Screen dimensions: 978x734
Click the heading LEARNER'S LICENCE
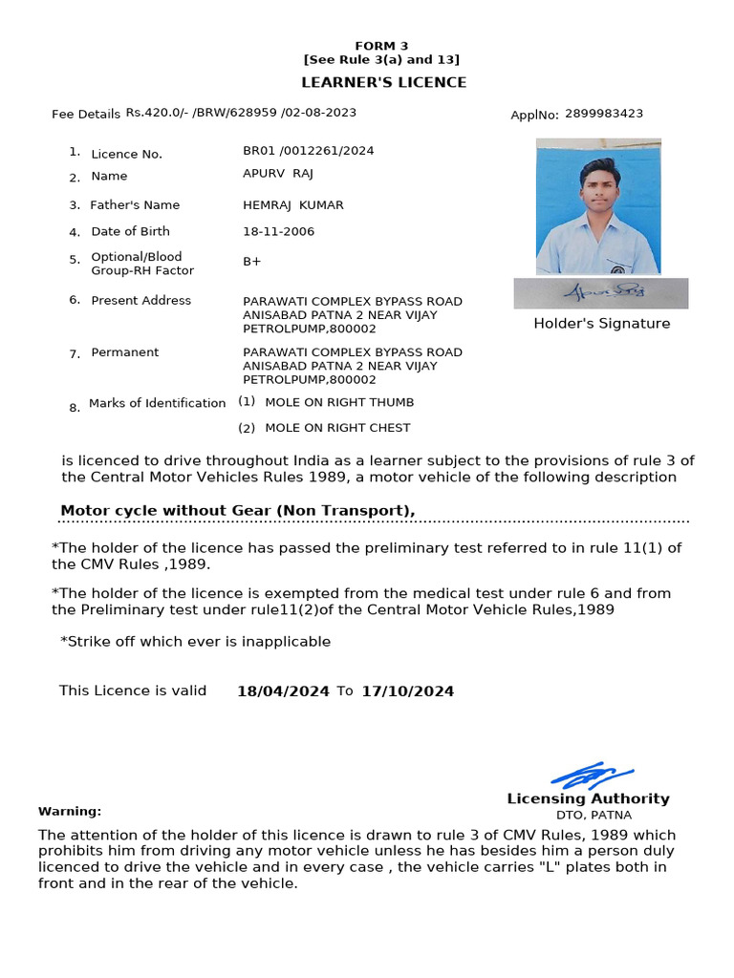coord(384,82)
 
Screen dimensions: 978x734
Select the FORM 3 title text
coord(381,46)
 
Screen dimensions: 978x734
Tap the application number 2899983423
coord(603,114)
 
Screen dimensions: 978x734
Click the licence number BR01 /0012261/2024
coord(308,151)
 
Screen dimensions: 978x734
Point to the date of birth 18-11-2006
coord(278,232)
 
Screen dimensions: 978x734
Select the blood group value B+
coord(252,262)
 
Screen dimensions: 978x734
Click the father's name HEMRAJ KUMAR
coord(292,205)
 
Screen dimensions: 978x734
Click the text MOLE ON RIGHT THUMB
coord(339,403)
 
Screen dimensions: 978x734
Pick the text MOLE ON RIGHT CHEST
coord(337,428)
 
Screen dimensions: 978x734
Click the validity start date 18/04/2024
coord(283,691)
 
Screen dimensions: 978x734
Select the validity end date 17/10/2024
coord(407,691)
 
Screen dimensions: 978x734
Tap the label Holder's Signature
coord(601,324)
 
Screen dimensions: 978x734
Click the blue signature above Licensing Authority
coord(592,775)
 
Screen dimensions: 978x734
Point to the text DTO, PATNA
coord(594,816)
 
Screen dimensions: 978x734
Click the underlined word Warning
coord(69,812)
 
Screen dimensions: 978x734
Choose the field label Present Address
coord(140,301)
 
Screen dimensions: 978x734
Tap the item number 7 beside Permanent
coord(74,354)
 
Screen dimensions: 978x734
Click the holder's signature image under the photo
coord(600,293)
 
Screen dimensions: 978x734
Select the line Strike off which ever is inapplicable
coord(195,642)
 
